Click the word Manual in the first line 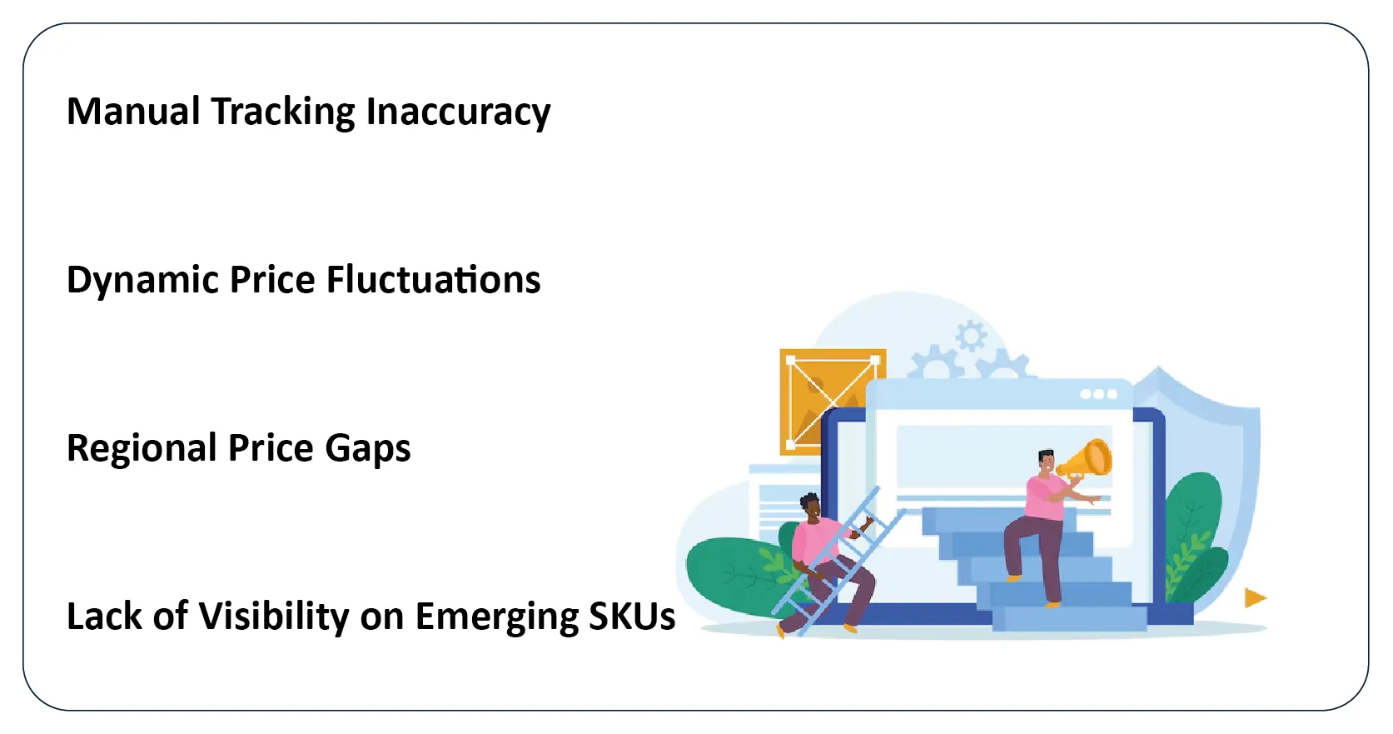133,112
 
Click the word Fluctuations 434,279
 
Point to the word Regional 142,449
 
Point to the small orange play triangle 1255,597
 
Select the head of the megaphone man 1047,461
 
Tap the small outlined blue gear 971,337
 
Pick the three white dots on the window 1098,394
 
